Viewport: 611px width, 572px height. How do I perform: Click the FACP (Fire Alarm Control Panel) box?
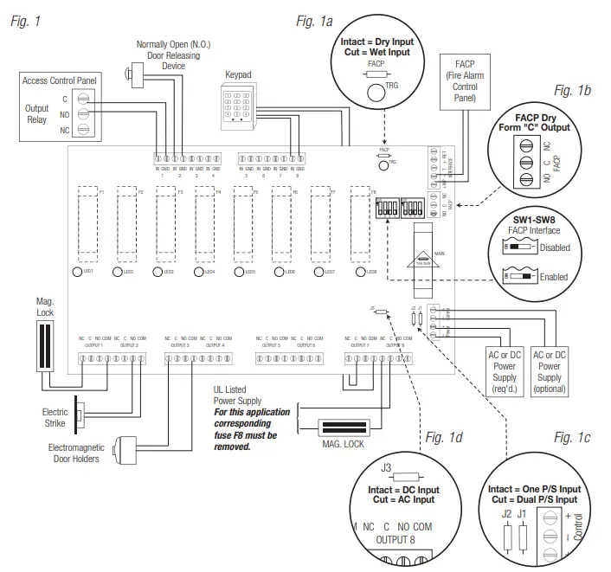pyautogui.click(x=466, y=80)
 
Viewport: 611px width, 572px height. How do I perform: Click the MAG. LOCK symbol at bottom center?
pyautogui.click(x=346, y=427)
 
